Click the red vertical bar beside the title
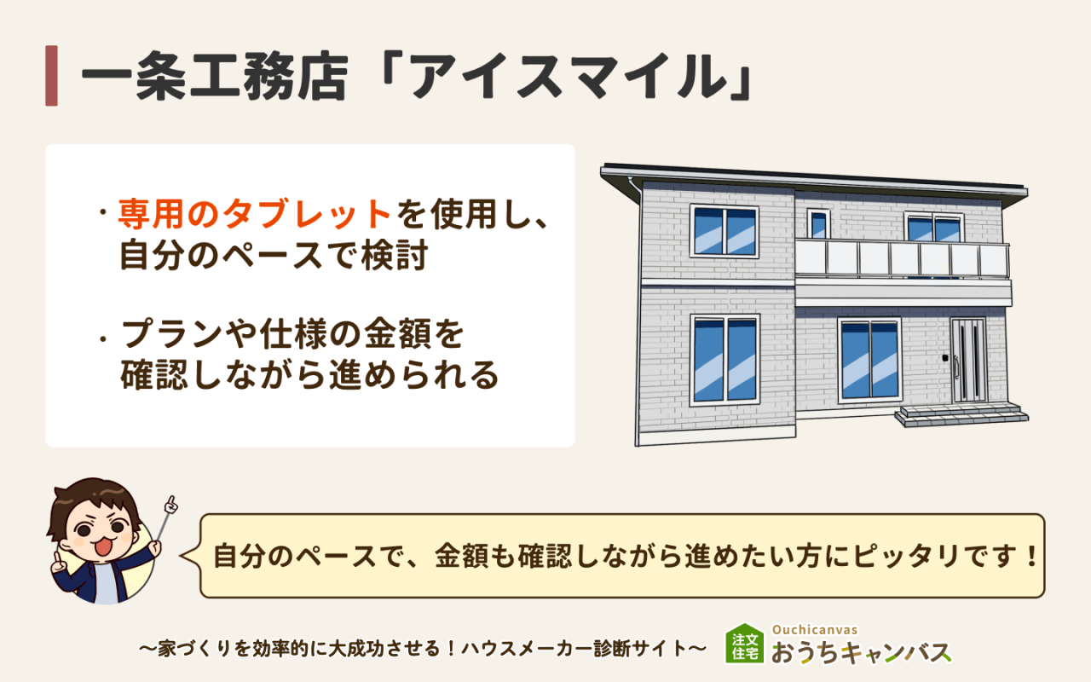click(51, 76)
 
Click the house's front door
click(967, 361)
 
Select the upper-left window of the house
click(724, 230)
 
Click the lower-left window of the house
click(724, 359)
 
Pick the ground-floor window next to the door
click(869, 360)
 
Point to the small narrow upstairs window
click(818, 224)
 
